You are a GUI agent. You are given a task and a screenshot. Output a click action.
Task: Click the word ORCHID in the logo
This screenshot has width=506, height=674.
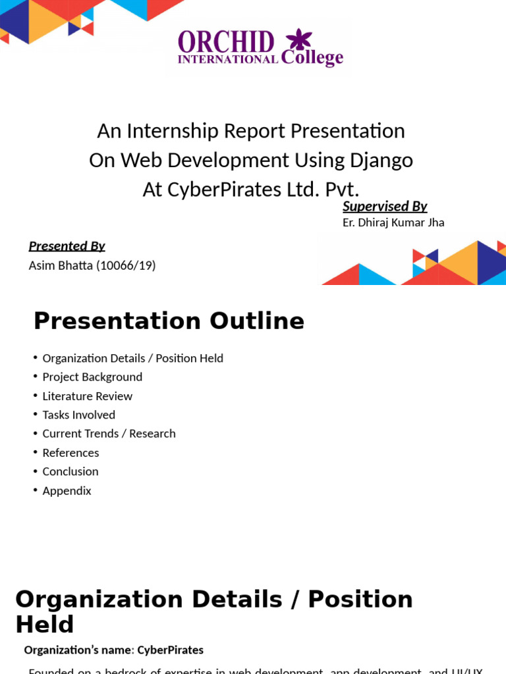pos(226,42)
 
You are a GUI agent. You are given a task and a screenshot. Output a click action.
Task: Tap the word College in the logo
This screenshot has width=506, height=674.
pos(312,58)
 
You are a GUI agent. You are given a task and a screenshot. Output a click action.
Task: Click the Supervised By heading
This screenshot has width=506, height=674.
pos(385,206)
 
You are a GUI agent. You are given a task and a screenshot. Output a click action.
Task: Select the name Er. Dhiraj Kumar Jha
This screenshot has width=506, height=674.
pos(393,222)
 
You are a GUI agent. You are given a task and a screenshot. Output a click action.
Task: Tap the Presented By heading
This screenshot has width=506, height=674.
pos(67,246)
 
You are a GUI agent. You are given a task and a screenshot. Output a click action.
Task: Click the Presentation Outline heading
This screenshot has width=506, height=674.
pos(169,321)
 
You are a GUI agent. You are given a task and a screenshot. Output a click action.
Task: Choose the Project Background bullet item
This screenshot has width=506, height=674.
pos(92,377)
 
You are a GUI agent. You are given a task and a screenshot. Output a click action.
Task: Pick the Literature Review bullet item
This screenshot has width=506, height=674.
pos(87,396)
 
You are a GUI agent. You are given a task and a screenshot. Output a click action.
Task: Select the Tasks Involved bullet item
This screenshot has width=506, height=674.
pos(78,415)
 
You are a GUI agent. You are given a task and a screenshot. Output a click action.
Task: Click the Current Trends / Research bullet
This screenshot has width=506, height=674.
pos(109,434)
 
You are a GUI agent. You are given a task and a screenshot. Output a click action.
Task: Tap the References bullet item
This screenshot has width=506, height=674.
pos(70,453)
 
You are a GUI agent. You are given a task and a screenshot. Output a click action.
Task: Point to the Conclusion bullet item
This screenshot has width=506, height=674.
pos(70,471)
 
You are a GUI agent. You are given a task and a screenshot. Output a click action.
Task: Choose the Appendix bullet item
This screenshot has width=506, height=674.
pos(67,490)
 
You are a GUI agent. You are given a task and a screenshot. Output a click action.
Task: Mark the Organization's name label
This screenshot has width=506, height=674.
pos(78,650)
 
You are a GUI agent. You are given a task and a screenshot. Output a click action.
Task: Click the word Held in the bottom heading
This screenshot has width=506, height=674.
pos(44,625)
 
